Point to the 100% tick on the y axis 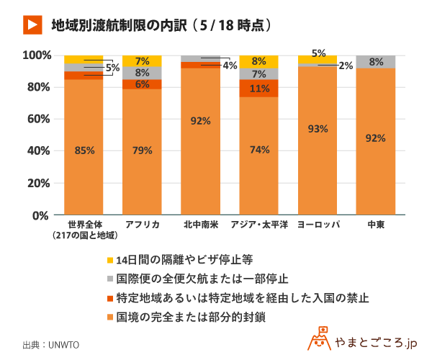(x=36, y=55)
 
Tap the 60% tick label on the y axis (x=36, y=119)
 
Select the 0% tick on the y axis (x=40, y=215)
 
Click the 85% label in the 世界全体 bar (x=84, y=150)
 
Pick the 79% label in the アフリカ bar (x=142, y=150)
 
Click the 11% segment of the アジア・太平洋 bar (x=258, y=89)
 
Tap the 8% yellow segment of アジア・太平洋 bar (x=258, y=61)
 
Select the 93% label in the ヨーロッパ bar (x=318, y=129)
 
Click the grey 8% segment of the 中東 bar (x=376, y=62)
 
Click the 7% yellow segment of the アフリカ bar (x=142, y=61)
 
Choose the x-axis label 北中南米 (x=200, y=225)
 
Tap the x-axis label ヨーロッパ (x=318, y=225)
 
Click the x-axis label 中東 (x=376, y=225)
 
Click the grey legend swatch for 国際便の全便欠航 (x=109, y=279)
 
